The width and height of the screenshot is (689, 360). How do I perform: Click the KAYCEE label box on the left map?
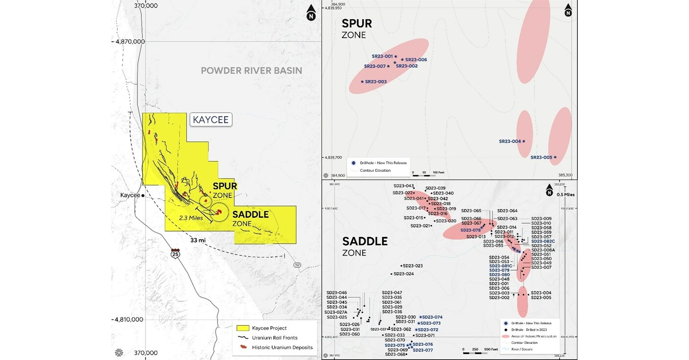coord(211,120)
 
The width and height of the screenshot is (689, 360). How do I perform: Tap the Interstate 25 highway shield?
coord(175,254)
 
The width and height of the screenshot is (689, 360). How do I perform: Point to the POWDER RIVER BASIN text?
coord(251,71)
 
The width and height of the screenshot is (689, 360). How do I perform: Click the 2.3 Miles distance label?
coord(191,217)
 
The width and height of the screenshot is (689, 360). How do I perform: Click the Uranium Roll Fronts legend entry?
coord(274,337)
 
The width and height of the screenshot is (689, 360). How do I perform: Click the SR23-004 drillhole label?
coord(510,142)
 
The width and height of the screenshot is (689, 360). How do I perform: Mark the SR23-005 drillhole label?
coord(541,157)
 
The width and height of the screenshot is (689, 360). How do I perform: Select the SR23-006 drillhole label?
coord(416,60)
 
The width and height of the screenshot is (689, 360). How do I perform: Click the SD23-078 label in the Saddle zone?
coord(470,230)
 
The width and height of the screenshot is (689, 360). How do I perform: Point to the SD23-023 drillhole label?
coord(412,266)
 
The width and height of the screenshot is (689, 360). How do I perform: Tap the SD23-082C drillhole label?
coord(543,241)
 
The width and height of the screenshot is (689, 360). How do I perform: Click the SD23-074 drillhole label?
coord(432,317)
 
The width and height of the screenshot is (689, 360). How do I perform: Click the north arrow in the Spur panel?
coord(567,10)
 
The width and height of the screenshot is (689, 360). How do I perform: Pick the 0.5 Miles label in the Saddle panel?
coord(566,194)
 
